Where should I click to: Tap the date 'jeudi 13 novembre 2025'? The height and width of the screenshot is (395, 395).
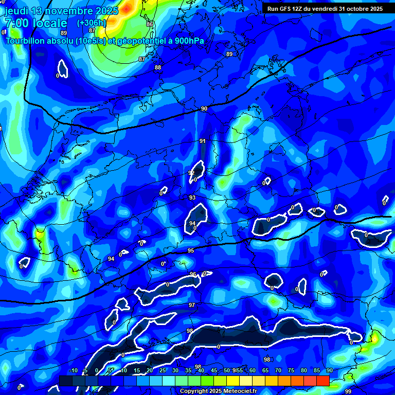point(61,10)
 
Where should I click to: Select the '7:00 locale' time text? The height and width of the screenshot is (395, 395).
point(35,23)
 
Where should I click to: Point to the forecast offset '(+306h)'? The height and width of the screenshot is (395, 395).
point(92,23)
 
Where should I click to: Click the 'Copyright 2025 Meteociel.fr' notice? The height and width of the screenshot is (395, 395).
point(218,391)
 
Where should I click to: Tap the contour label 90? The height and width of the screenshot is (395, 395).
point(204,109)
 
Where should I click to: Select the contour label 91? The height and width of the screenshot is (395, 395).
point(203,141)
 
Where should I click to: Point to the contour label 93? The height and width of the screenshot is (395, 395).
point(192,197)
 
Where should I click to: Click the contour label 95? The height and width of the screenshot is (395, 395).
point(191,250)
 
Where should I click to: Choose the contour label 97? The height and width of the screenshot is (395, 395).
point(192,305)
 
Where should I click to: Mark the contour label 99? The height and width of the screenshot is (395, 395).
point(348,391)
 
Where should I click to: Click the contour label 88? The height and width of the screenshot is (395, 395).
point(158,67)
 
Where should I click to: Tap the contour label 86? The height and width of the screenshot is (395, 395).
point(150,24)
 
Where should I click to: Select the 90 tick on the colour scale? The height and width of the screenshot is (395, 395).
point(329,370)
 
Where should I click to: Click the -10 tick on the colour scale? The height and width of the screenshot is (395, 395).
point(74,370)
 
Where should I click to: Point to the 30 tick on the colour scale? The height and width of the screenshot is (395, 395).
point(175,370)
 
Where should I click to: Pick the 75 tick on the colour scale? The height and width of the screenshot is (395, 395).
point(291,370)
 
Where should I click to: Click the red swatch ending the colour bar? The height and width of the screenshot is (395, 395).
point(322,381)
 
